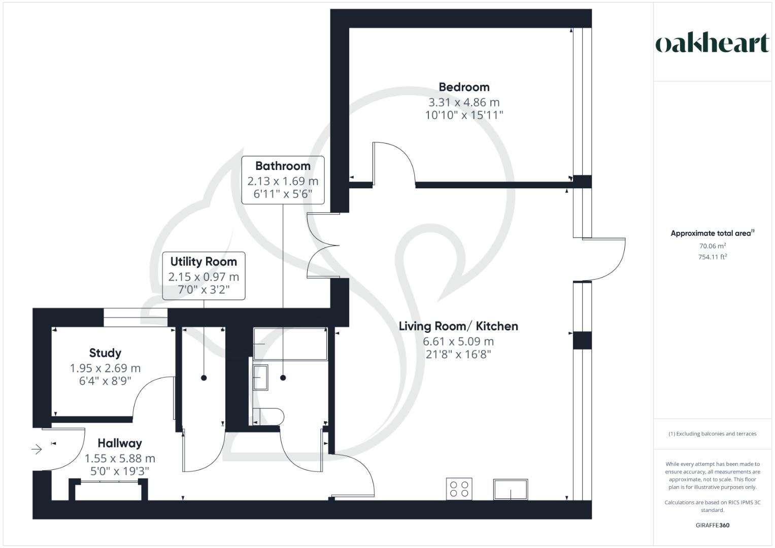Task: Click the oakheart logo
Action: coord(712,44)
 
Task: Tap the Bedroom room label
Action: coord(464,87)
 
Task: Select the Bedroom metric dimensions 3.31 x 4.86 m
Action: coord(464,102)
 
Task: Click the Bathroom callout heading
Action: coord(283,166)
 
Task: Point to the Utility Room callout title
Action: coord(204,262)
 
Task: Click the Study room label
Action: coord(105,353)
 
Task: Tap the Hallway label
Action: coord(120,443)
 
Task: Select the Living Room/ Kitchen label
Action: coord(458,326)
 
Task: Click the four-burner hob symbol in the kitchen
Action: coord(459,489)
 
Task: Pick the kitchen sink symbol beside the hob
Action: coord(510,489)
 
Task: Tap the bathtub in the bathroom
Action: coord(290,344)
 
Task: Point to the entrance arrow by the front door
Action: coord(37,449)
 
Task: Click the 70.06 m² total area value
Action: coord(712,246)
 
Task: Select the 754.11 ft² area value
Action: coord(712,257)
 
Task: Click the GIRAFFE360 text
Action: coord(712,525)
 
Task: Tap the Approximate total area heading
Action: coord(712,233)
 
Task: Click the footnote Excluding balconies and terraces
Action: coord(712,434)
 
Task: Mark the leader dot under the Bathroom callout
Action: coord(283,378)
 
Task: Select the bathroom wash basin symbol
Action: coord(261,378)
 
